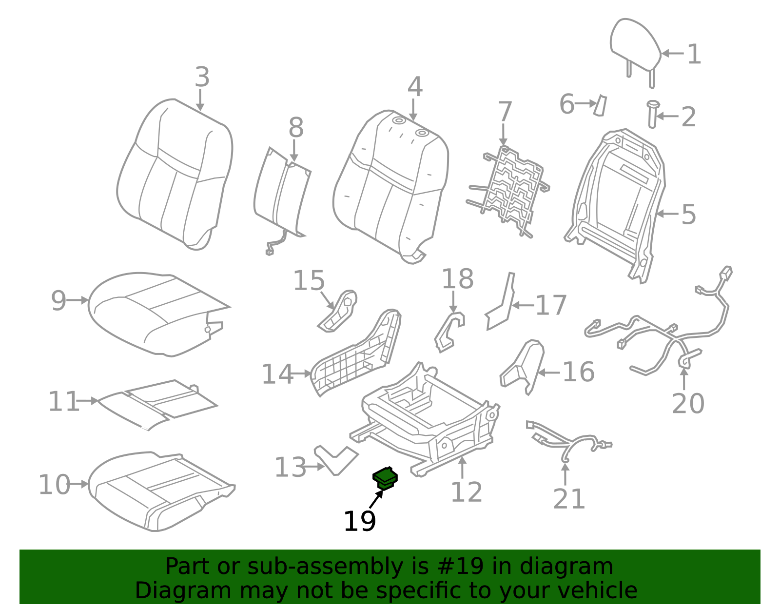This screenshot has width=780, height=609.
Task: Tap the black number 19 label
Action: click(359, 521)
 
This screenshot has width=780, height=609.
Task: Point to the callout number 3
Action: click(202, 77)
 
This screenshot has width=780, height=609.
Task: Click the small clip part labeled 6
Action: click(600, 105)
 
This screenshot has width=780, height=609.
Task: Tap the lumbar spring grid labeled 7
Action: click(512, 190)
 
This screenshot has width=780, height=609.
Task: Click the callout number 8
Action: click(296, 128)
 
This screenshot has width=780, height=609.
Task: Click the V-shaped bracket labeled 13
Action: click(336, 459)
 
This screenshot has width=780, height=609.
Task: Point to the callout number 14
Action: click(277, 374)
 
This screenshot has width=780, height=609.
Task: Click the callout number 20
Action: click(688, 403)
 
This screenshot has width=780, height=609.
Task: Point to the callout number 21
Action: click(569, 499)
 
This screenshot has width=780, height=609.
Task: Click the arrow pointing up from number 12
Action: click(462, 467)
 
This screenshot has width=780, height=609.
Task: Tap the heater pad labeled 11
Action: click(156, 402)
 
